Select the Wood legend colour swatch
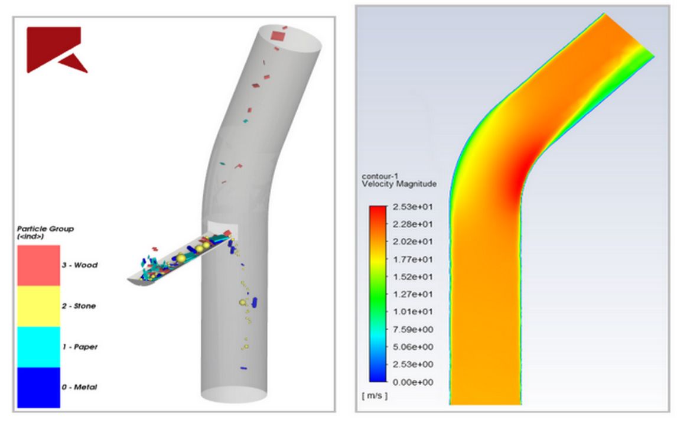point(38,266)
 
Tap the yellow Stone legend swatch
point(38,306)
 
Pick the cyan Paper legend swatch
point(38,347)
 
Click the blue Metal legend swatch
point(38,387)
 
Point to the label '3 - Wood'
point(80,265)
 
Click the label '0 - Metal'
point(79,388)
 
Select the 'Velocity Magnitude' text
point(399,184)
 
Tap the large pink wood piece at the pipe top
point(277,36)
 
